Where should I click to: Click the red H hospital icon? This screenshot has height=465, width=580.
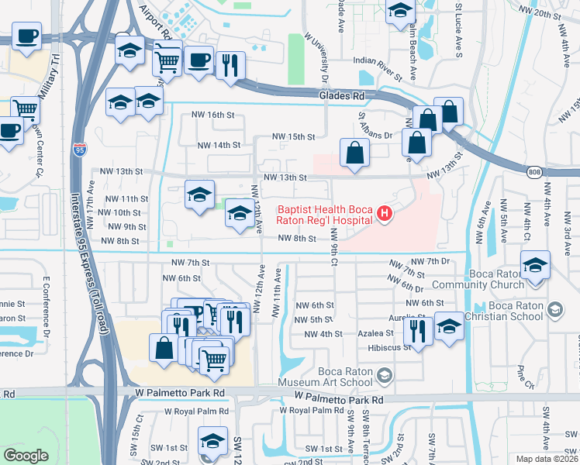pyautogui.click(x=382, y=214)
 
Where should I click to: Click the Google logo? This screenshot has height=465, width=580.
pyautogui.click(x=26, y=455)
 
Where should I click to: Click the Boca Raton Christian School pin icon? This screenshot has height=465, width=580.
pyautogui.click(x=554, y=311)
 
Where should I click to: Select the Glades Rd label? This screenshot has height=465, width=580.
pyautogui.click(x=341, y=95)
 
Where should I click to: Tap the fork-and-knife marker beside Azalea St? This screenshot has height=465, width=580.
pyautogui.click(x=418, y=331)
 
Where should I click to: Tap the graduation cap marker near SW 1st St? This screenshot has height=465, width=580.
pyautogui.click(x=212, y=440)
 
